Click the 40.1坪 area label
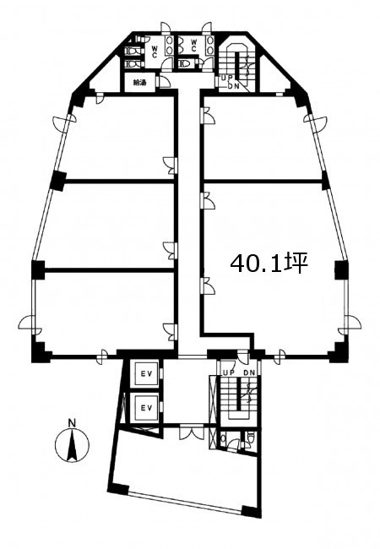[x=269, y=263]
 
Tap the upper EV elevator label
[x=146, y=373]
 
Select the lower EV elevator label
[x=146, y=408]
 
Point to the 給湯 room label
[x=139, y=83]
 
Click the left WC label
[x=154, y=50]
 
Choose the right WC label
[x=194, y=45]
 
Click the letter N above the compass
[x=72, y=423]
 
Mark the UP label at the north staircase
[x=225, y=79]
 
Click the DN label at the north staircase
[x=233, y=86]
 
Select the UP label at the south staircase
[x=229, y=373]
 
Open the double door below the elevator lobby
[x=192, y=432]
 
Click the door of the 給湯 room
[x=165, y=81]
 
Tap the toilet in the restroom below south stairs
[x=250, y=438]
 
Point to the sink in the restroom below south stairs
[x=224, y=438]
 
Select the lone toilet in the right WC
[x=185, y=63]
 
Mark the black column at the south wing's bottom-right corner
[x=252, y=512]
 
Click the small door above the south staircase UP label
[x=243, y=357]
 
